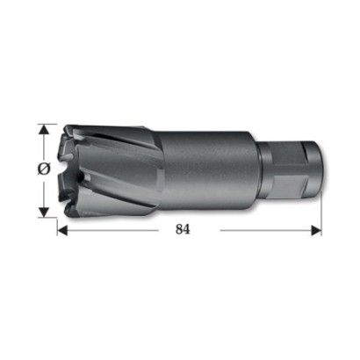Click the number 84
click(x=183, y=229)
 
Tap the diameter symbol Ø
click(x=44, y=169)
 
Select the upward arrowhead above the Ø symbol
click(x=44, y=129)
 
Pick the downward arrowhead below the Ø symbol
click(x=44, y=212)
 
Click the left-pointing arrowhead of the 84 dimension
click(x=62, y=230)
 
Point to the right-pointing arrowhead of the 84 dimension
click(x=316, y=230)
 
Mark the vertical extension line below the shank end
click(x=321, y=213)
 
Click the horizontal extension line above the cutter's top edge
click(x=47, y=124)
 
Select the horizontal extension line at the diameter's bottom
click(x=47, y=218)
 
